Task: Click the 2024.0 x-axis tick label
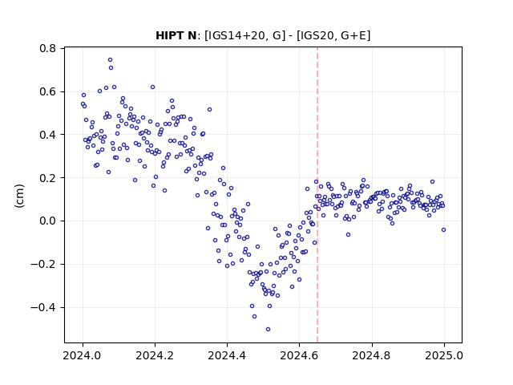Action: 83,356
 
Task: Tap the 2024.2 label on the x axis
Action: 155,356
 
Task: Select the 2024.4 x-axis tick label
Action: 227,356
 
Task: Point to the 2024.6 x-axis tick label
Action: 299,356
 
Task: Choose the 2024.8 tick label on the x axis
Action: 372,356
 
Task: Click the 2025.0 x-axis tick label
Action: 444,356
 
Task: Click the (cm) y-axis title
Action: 19,196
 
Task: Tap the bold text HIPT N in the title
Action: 176,35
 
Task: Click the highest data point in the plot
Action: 111,60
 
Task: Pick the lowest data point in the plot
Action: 268,330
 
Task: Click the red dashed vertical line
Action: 317,195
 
